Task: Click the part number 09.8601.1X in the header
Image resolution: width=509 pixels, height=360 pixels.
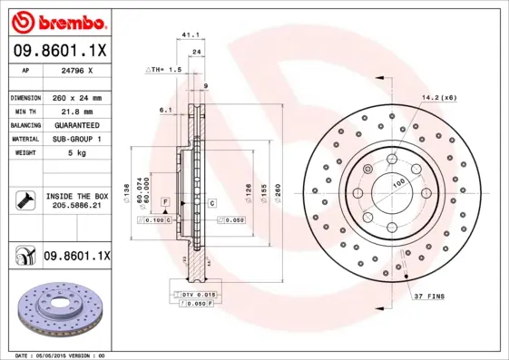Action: click(x=60, y=53)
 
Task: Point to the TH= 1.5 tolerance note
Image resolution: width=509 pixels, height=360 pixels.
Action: click(x=164, y=69)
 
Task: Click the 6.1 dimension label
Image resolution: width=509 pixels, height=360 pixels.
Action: click(x=165, y=110)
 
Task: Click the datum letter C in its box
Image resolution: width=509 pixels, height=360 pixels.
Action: click(x=210, y=202)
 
